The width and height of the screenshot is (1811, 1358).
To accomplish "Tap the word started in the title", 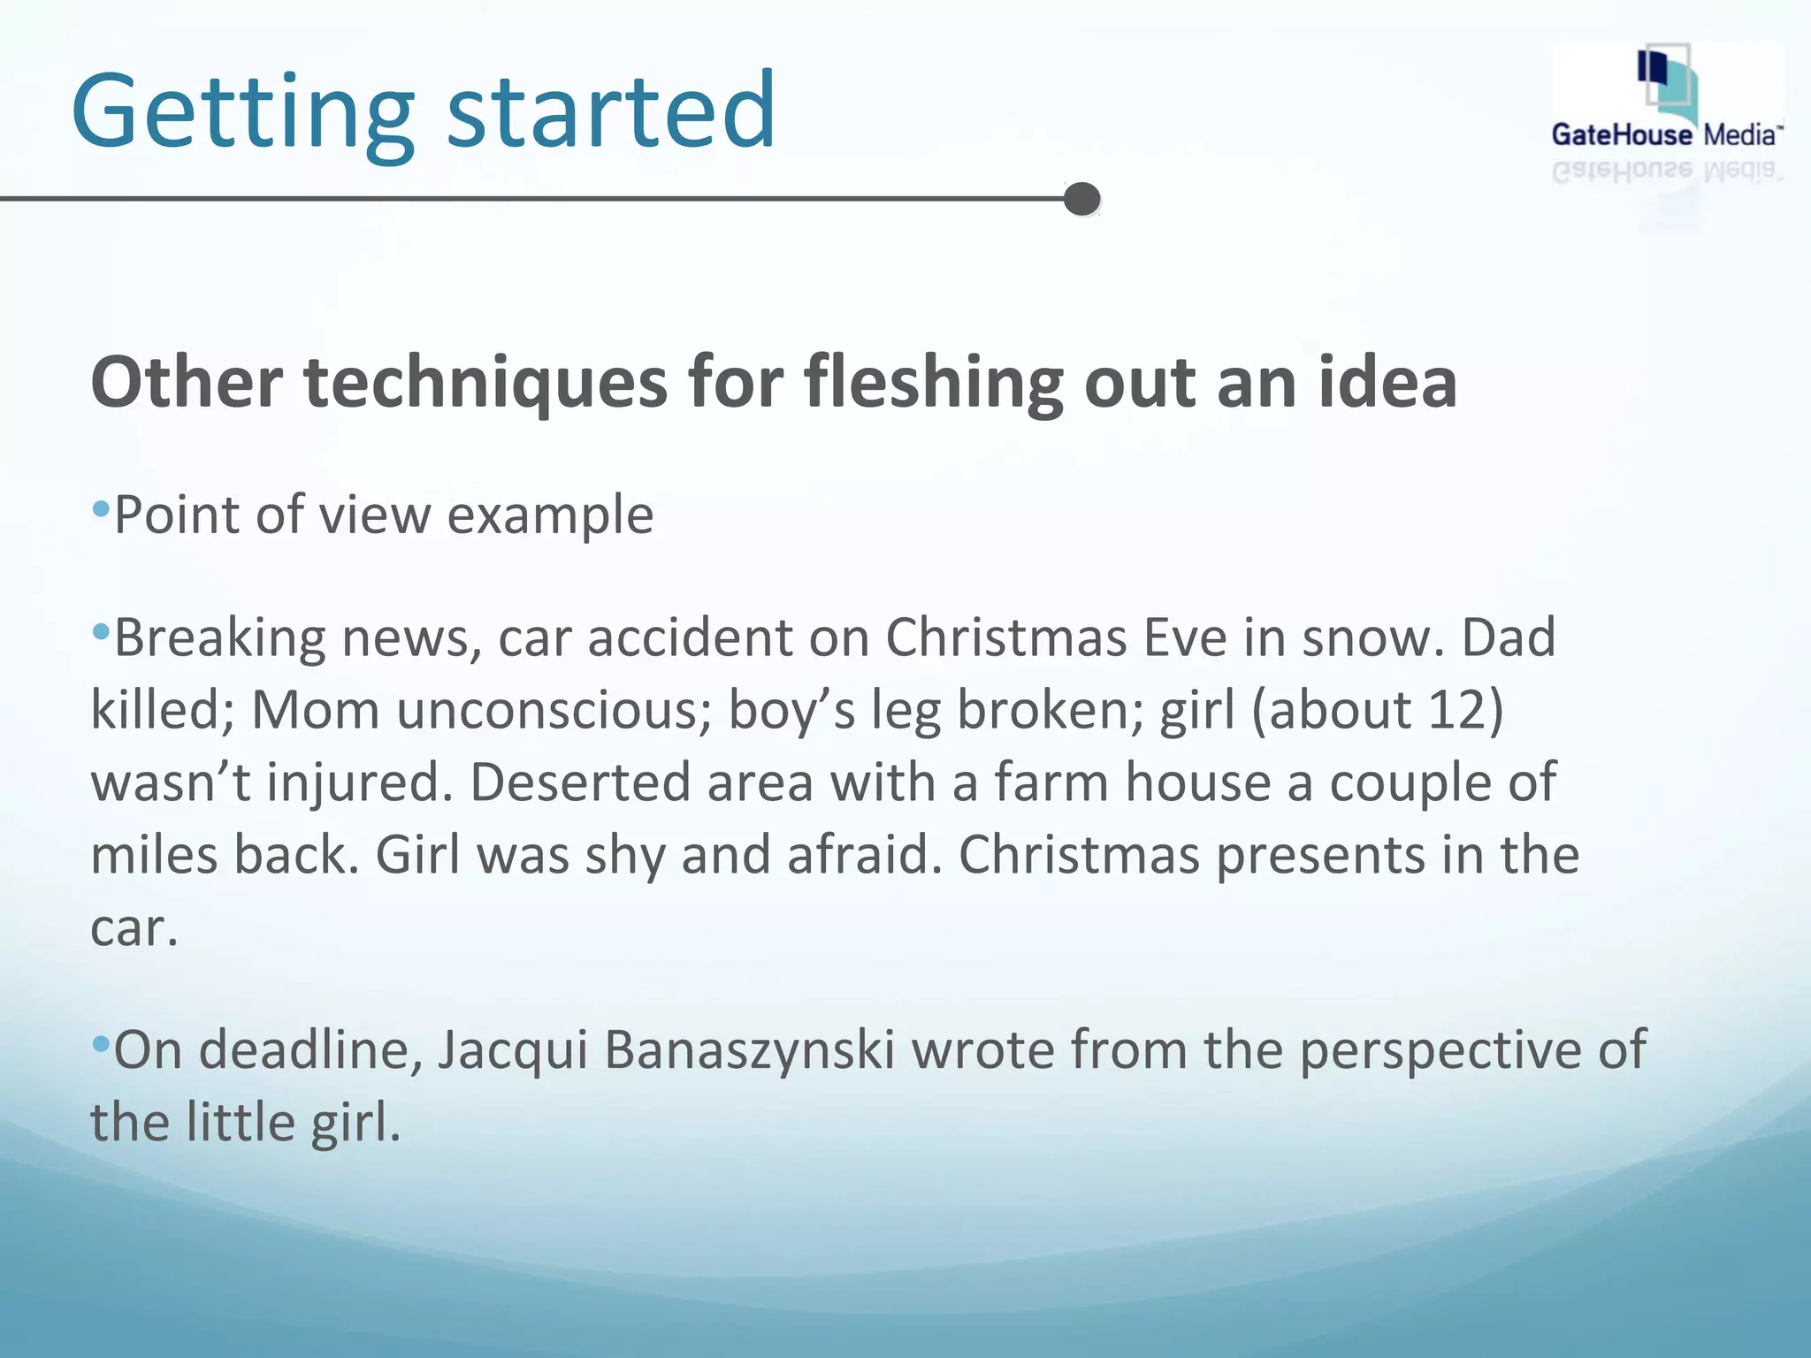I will (x=611, y=112).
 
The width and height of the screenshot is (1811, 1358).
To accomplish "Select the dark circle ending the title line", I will (x=1081, y=199).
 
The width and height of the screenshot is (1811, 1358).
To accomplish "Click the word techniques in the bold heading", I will (x=485, y=383).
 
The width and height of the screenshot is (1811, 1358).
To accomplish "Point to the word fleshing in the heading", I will (x=933, y=383).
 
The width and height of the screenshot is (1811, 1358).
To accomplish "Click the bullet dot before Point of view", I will (x=101, y=508).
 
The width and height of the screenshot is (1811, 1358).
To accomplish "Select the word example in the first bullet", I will (x=550, y=515).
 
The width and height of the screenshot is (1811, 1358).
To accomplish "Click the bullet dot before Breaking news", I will (x=101, y=631).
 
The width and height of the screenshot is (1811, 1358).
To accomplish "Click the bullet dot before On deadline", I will (x=101, y=1044).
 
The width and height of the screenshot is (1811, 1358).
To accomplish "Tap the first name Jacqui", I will (x=512, y=1051).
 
